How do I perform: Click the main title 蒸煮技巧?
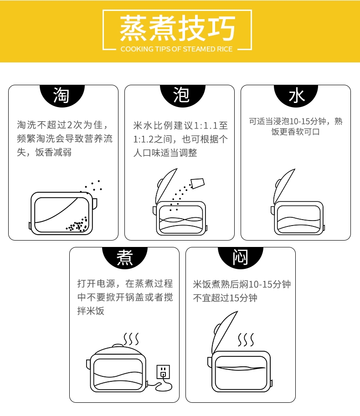coord(177,28)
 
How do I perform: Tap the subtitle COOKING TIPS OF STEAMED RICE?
coord(176,49)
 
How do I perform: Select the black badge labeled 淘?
coord(62,96)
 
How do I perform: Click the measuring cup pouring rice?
coord(198,183)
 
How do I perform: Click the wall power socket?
coord(163,371)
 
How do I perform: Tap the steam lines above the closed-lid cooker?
coord(131,339)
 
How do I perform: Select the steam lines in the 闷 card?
coord(246,340)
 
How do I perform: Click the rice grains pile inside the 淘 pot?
coord(77,225)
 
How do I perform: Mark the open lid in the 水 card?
coord(284,186)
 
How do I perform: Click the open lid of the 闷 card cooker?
coord(225,332)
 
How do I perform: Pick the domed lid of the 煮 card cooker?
coord(118,349)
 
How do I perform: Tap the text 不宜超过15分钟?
coord(225,298)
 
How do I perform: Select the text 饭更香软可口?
coord(296,132)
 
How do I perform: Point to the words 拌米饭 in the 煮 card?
coord(91,311)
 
